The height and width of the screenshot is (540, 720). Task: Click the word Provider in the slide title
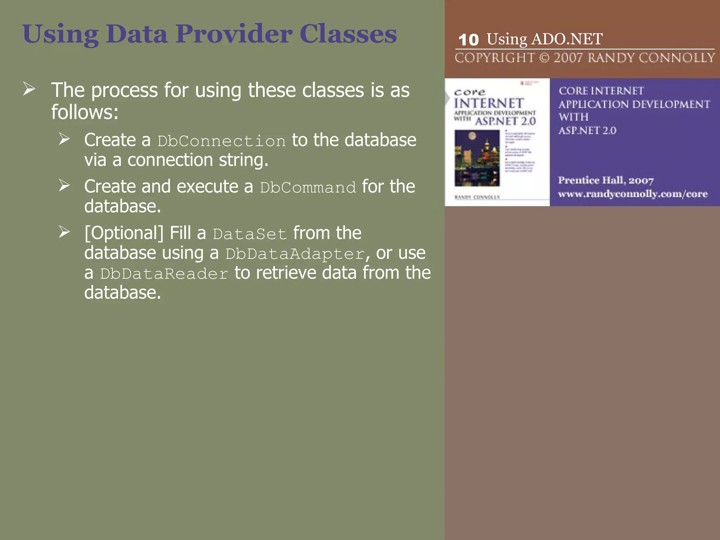pyautogui.click(x=234, y=34)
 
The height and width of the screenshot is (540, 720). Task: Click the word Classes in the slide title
pyautogui.click(x=348, y=34)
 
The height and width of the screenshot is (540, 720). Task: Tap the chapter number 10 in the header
pyautogui.click(x=469, y=40)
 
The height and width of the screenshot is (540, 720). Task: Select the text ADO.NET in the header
pyautogui.click(x=567, y=39)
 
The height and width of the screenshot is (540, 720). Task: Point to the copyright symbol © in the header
pyautogui.click(x=544, y=58)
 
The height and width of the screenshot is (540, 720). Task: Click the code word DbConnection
pyautogui.click(x=221, y=141)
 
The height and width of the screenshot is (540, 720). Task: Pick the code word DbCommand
pyautogui.click(x=308, y=187)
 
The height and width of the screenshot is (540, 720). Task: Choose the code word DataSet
pyautogui.click(x=250, y=234)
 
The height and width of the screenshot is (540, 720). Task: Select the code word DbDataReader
pyautogui.click(x=164, y=274)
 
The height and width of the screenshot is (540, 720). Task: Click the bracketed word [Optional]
pyautogui.click(x=124, y=233)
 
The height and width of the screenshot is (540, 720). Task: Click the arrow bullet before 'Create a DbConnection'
pyautogui.click(x=64, y=139)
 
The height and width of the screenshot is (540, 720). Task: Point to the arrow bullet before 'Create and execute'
pyautogui.click(x=64, y=185)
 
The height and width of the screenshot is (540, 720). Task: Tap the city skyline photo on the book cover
pyautogui.click(x=477, y=158)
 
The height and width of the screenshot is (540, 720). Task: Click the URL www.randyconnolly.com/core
pyautogui.click(x=632, y=194)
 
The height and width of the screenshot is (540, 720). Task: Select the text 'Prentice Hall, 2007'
pyautogui.click(x=606, y=180)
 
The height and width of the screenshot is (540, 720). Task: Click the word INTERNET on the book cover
pyautogui.click(x=489, y=103)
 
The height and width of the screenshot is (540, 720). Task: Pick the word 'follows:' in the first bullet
pyautogui.click(x=85, y=112)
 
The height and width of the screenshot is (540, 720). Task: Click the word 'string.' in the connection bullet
pyautogui.click(x=244, y=160)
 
